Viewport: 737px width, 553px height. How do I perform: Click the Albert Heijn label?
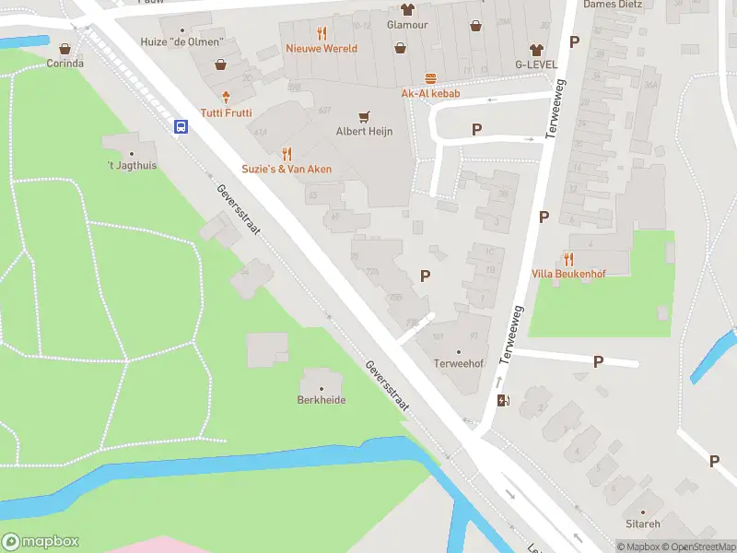[364, 132]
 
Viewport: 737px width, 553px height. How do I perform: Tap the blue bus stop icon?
[181, 127]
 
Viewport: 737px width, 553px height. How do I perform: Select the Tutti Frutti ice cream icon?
[226, 96]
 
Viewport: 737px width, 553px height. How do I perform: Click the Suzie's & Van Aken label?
[287, 170]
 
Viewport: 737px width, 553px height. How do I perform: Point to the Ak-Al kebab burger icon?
[430, 79]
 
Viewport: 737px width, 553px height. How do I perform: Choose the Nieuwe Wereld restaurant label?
[321, 48]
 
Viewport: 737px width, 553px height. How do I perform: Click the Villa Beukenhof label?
[568, 275]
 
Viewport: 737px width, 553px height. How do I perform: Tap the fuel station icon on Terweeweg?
[502, 400]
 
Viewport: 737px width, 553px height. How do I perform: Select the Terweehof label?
[459, 364]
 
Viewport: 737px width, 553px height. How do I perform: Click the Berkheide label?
[321, 400]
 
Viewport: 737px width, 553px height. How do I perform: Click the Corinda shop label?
[65, 64]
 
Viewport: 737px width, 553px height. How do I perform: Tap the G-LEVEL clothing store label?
[535, 65]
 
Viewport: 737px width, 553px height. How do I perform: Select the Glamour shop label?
[407, 25]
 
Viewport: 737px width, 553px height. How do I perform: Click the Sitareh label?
[642, 524]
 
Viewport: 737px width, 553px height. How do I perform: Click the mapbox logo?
[41, 542]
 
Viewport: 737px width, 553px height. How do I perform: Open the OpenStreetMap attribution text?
[697, 547]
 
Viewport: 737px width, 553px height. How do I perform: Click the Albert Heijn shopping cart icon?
[364, 116]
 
